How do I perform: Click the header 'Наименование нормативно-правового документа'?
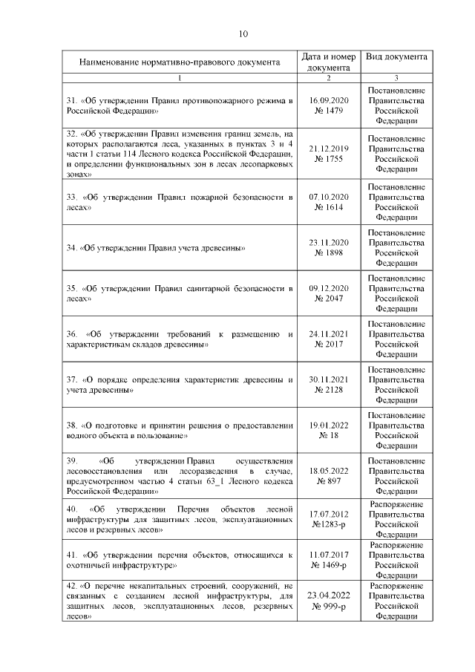pyautogui.click(x=180, y=62)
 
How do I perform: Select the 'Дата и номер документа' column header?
pyautogui.click(x=328, y=62)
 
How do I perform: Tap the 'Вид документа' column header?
pyautogui.click(x=396, y=56)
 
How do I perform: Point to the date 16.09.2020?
pyautogui.click(x=328, y=99)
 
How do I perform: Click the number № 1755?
pyautogui.click(x=328, y=159)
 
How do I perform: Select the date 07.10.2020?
pyautogui.click(x=328, y=198)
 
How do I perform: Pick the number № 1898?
pyautogui.click(x=328, y=253)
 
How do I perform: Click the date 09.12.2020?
pyautogui.click(x=328, y=288)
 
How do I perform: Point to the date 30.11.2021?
pyautogui.click(x=328, y=379)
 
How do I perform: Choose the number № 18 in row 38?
pyautogui.click(x=328, y=435)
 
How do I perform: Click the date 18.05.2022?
pyautogui.click(x=328, y=470)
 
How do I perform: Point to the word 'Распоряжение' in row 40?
pyautogui.click(x=396, y=504)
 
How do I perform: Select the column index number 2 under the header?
pyautogui.click(x=328, y=77)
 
